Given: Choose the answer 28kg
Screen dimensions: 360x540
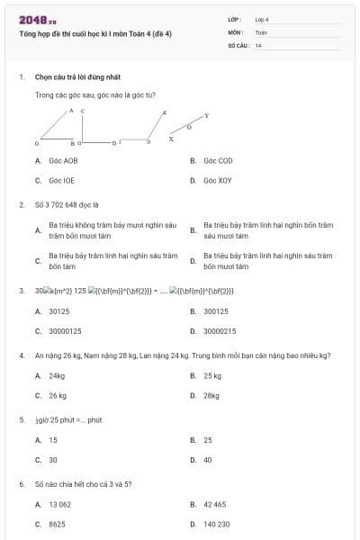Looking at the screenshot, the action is tap(211, 395).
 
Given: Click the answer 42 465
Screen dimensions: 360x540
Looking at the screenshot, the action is tap(214, 505).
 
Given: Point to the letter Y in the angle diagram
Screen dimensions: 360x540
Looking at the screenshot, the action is tap(206, 116).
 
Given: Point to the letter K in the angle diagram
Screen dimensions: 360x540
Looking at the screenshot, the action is tap(164, 112).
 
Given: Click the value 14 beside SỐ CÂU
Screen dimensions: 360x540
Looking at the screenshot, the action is tap(258, 44).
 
